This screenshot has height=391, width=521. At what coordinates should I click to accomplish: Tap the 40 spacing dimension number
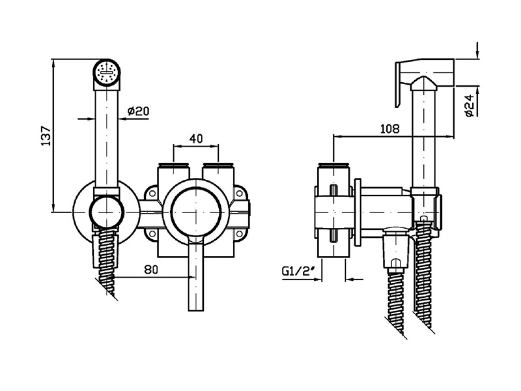197,139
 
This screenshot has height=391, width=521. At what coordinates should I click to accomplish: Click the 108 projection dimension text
389,128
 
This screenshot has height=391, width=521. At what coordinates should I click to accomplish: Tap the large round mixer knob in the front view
195,210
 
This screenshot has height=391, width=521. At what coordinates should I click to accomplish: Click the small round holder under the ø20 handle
106,212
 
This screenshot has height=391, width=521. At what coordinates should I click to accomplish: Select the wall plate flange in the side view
358,212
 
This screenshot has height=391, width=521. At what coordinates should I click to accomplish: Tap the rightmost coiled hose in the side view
425,280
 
